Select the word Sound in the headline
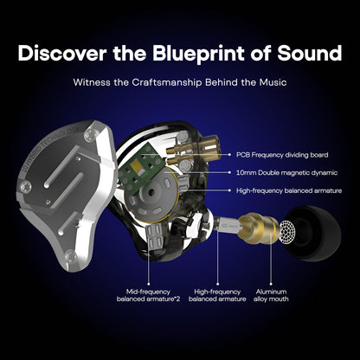pyautogui.click(x=309, y=54)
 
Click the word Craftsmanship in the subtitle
pyautogui.click(x=165, y=86)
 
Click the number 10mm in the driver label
pyautogui.click(x=247, y=172)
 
